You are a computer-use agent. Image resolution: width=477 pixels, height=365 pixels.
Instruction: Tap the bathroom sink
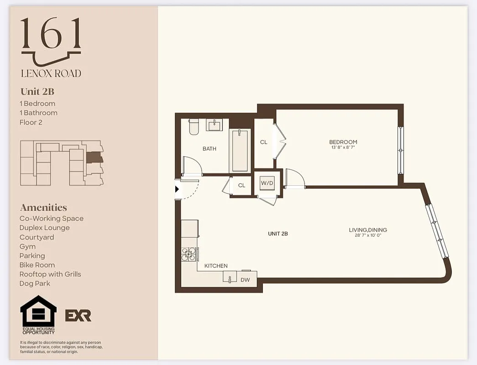tap(214, 125)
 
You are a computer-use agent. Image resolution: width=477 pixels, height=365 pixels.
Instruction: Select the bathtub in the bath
tap(240, 150)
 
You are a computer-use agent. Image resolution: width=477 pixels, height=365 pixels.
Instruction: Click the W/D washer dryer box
tap(267, 183)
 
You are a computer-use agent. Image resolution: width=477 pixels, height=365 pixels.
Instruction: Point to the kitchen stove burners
tap(189, 254)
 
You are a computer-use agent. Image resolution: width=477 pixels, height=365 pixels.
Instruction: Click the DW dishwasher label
tap(245, 280)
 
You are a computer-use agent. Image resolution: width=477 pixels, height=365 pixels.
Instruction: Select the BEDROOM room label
tap(343, 142)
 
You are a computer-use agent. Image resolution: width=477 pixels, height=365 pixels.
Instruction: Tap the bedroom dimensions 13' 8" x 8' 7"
tap(343, 147)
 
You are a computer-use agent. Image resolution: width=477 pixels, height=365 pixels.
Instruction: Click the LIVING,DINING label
tap(368, 230)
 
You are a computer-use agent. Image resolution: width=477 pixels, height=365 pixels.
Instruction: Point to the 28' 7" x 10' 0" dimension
tap(368, 235)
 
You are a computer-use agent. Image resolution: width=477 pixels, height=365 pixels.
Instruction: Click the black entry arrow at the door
tap(178, 189)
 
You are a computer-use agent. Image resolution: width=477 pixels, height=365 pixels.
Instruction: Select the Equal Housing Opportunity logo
tap(38, 315)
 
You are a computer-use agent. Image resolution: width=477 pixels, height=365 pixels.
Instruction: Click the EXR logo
tap(78, 315)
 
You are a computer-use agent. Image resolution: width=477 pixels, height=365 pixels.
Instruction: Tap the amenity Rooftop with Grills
tap(50, 274)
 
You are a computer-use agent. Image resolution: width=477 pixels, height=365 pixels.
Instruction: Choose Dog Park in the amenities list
tap(35, 283)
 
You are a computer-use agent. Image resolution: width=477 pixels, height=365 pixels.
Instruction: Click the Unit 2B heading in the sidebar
tap(37, 91)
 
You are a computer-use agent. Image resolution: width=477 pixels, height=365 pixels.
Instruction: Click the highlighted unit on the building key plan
tap(94, 158)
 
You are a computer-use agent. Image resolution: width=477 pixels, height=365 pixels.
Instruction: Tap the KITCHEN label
tap(216, 266)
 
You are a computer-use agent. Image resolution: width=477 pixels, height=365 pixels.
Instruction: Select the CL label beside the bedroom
tap(264, 142)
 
